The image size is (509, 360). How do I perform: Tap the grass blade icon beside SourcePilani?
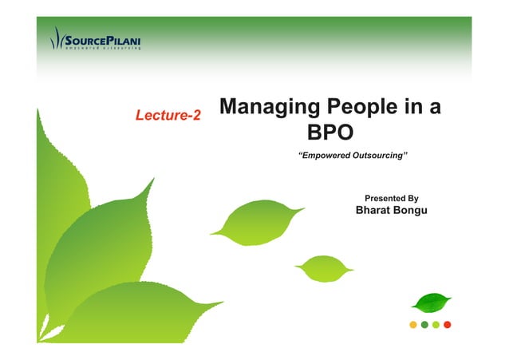(56, 38)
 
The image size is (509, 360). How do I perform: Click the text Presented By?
(391, 198)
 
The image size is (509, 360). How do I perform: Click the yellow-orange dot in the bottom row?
(412, 324)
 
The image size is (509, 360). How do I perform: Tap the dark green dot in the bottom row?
(424, 324)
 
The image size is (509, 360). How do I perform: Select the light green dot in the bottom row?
(436, 324)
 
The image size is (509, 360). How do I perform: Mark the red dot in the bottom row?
(448, 324)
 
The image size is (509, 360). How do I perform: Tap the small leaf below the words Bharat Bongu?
(322, 267)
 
